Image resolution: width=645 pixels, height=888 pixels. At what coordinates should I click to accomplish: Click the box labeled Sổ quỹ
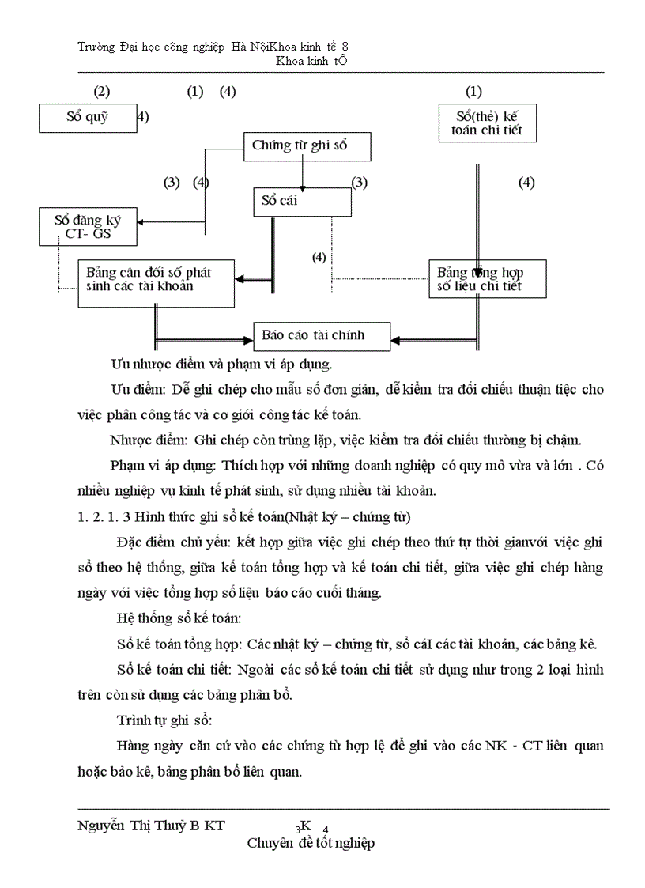(x=87, y=119)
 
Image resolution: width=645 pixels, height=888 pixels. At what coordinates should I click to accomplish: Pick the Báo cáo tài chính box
(x=321, y=335)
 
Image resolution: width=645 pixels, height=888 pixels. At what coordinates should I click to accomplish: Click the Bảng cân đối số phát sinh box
(x=156, y=282)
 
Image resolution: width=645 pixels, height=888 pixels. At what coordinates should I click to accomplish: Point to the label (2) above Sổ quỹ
(x=101, y=92)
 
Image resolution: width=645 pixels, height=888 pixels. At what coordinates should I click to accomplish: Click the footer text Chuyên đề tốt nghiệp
(x=311, y=843)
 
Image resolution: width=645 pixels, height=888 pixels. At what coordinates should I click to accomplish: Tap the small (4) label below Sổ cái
(x=319, y=258)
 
